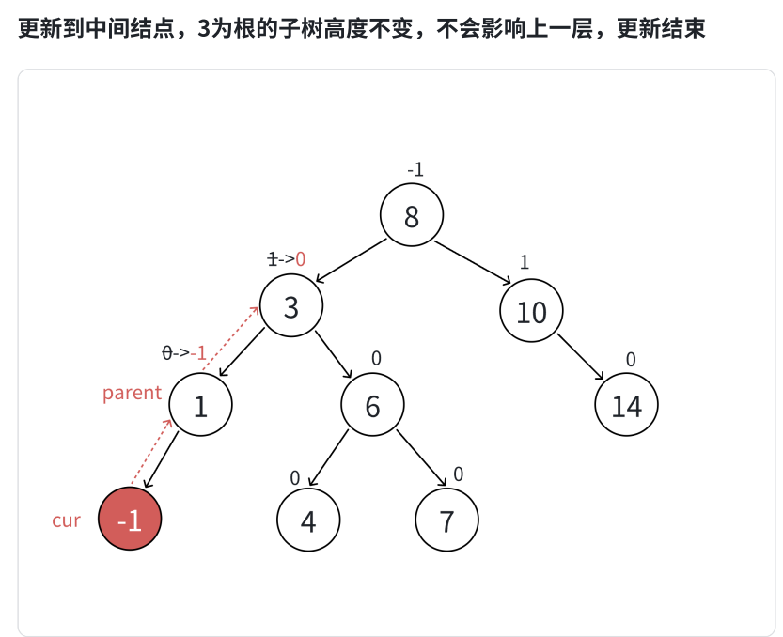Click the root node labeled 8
[412, 216]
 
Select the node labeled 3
[291, 306]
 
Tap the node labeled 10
[531, 311]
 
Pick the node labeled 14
[626, 406]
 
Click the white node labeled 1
[200, 406]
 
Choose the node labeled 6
[372, 406]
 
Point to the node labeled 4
[308, 520]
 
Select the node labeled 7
[447, 520]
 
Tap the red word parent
[133, 393]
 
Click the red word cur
[66, 520]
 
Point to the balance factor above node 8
[415, 170]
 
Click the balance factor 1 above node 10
[525, 263]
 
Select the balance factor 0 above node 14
[631, 359]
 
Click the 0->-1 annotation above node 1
[184, 353]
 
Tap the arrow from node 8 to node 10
[473, 262]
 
